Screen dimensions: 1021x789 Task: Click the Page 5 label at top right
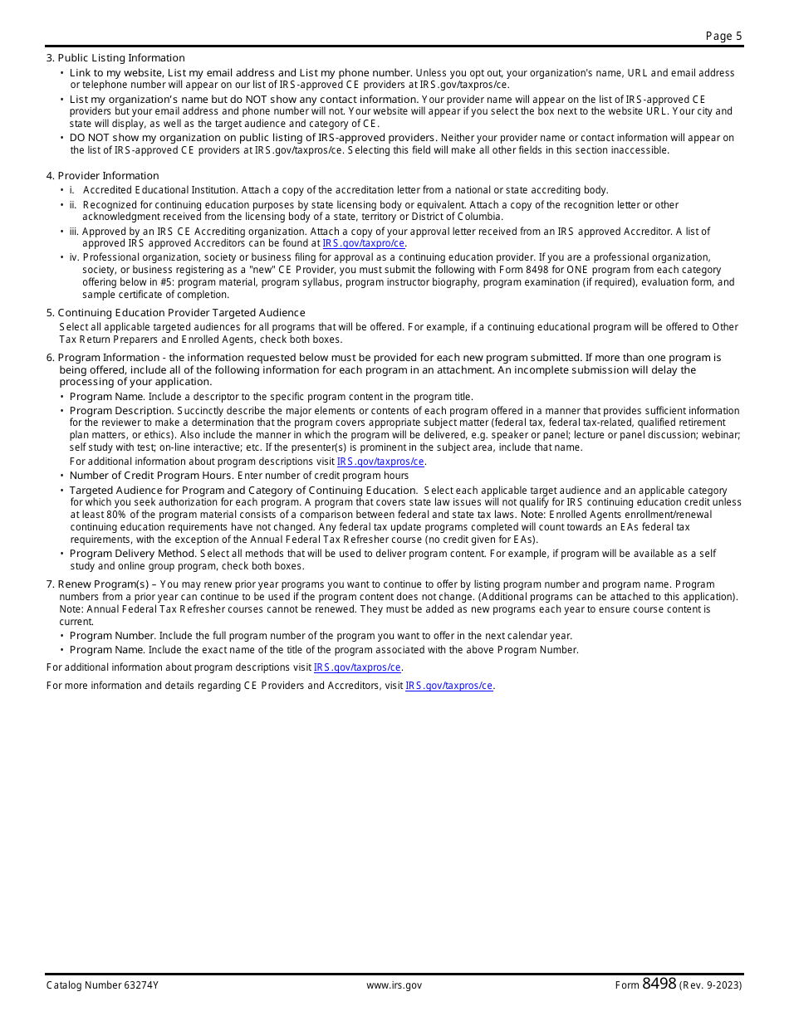point(723,36)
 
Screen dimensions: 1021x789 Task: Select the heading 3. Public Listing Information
point(115,58)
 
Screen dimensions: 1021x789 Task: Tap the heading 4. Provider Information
point(102,176)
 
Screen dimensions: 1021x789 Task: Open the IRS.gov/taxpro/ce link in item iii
point(364,244)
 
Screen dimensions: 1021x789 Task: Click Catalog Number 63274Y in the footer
point(102,985)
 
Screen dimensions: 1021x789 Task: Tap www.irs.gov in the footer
point(394,985)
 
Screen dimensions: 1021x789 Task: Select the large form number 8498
point(659,984)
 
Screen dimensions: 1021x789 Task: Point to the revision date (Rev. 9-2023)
point(710,985)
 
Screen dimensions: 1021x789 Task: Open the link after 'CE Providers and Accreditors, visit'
point(449,686)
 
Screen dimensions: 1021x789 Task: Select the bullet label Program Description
point(120,411)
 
